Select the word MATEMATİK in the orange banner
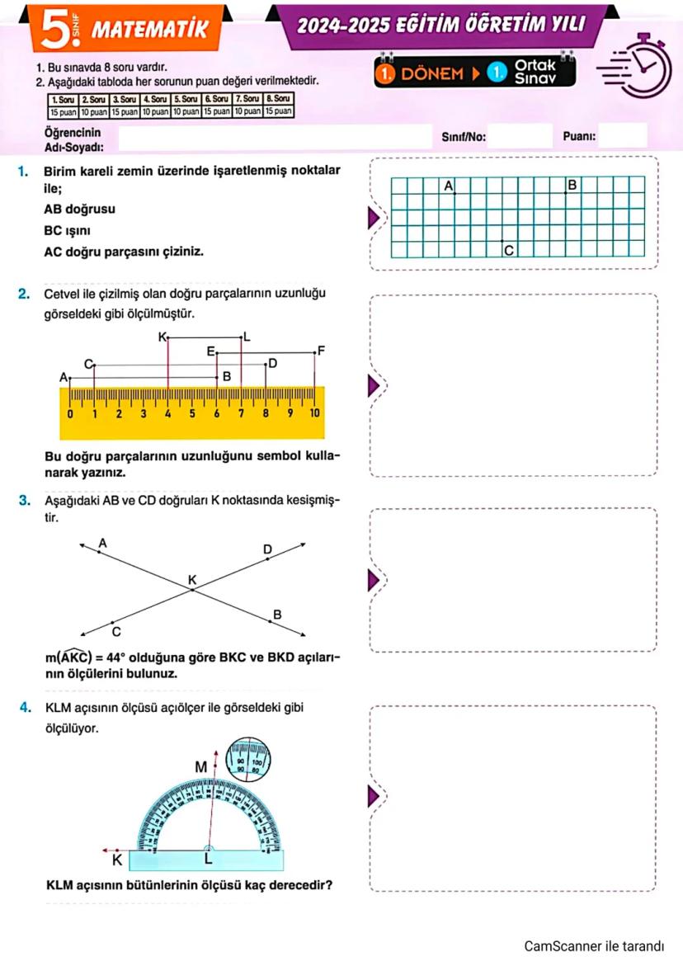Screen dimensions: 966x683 pos(148,31)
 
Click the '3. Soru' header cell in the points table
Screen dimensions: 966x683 pos(125,99)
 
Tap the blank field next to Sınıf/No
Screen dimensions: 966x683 pos(519,135)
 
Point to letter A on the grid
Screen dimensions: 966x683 pos(449,186)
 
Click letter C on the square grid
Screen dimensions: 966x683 pos(508,249)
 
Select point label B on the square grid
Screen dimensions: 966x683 pos(572,184)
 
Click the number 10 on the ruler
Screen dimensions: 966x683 pos(314,412)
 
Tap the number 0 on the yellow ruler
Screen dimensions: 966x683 pos(70,412)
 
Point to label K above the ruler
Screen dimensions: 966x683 pos(161,336)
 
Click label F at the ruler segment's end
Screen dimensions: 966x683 pos(322,351)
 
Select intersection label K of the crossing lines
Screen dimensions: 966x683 pos(192,581)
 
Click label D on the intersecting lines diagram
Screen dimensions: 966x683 pos(266,549)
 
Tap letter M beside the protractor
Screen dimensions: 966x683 pos(200,766)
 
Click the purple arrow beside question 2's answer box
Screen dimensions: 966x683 pos(375,385)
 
